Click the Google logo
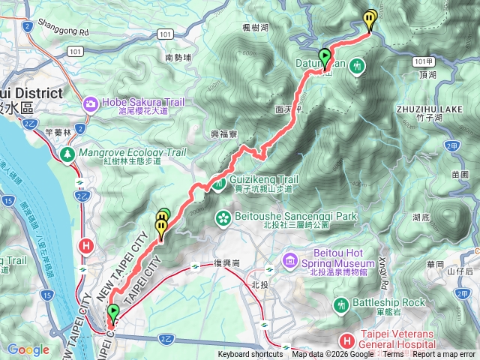click(x=28, y=349)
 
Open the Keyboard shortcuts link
click(x=250, y=355)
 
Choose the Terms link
click(x=393, y=355)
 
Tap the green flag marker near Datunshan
click(x=325, y=56)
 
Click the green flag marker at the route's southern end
click(x=113, y=312)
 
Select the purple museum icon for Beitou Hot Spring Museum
click(x=289, y=259)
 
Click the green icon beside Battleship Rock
click(x=342, y=304)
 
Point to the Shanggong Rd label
click(x=64, y=32)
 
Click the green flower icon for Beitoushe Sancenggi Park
click(x=223, y=217)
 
